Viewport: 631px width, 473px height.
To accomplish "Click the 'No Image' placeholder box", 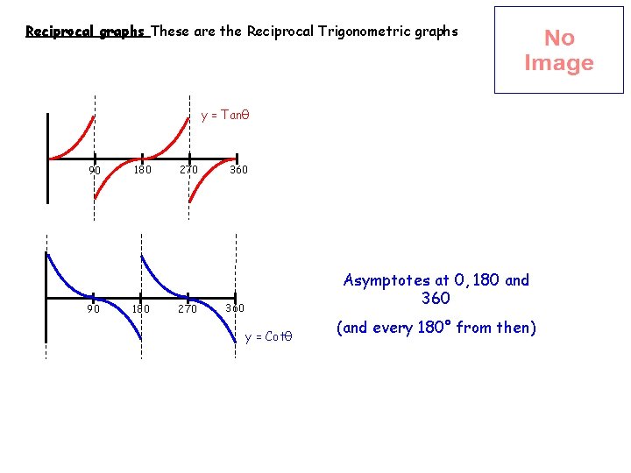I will pos(558,50).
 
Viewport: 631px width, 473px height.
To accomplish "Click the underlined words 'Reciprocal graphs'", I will pos(85,32).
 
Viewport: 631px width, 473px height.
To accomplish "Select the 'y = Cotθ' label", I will pos(268,336).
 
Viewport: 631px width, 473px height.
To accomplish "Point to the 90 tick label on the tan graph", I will pos(95,170).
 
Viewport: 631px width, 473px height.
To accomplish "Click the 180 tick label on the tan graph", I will pos(142,170).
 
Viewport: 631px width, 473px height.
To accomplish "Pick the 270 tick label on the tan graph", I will pos(189,170).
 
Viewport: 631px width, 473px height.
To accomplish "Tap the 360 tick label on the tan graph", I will pos(238,170).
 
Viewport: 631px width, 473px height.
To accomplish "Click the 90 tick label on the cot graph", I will pos(93,308).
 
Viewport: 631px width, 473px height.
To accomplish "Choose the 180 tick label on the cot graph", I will pos(140,308).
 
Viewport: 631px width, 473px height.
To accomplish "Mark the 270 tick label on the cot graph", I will pos(188,308).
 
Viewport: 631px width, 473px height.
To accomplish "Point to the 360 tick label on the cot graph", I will pos(235,308).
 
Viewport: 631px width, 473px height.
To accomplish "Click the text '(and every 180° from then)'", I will pos(436,328).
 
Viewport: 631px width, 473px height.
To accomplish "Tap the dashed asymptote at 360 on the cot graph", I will pos(237,263).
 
